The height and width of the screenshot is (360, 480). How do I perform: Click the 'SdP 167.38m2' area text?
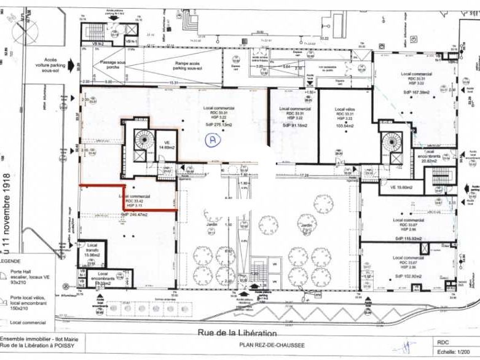click(415, 91)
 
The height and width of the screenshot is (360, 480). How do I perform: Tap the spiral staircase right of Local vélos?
click(391, 142)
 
